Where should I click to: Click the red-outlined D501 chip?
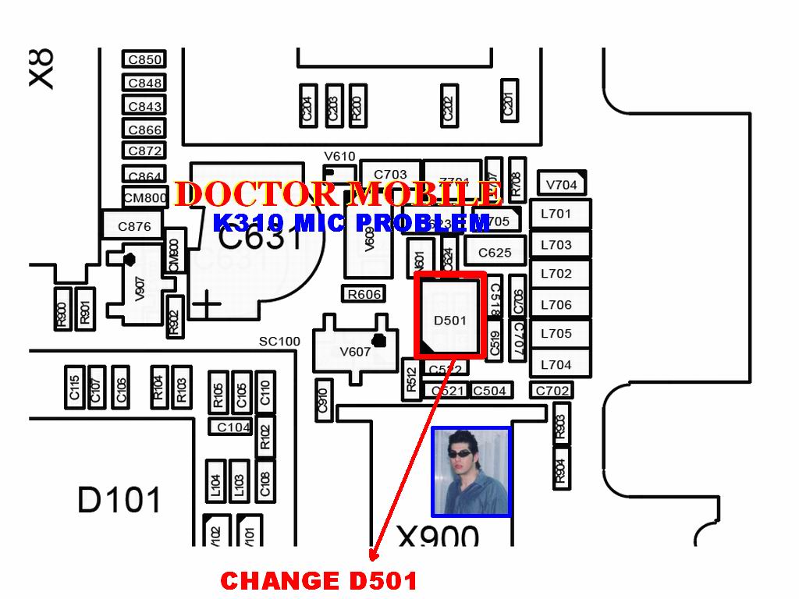(x=450, y=316)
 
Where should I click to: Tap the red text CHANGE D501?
(x=318, y=581)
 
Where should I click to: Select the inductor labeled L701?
(x=556, y=214)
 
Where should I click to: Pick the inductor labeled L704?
(x=556, y=364)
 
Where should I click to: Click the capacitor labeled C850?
(x=144, y=59)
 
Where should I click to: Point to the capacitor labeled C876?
(x=134, y=227)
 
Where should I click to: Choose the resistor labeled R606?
(x=364, y=294)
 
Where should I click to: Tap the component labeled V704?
(x=561, y=185)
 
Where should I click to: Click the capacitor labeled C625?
(x=495, y=252)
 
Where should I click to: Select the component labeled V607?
(x=355, y=351)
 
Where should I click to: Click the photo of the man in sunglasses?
(x=471, y=471)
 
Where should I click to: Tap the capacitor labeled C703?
(x=390, y=175)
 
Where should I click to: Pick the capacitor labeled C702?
(x=552, y=390)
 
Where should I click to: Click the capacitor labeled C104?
(x=233, y=427)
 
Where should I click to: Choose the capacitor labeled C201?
(x=510, y=101)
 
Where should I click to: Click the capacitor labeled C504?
(x=490, y=391)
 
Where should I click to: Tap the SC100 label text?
(x=279, y=342)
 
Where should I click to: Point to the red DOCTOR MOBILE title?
(x=338, y=194)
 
